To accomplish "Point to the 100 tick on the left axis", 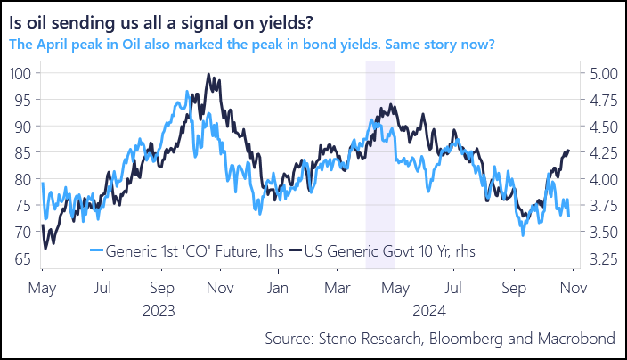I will point(19,73).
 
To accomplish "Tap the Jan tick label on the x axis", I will point(279,289).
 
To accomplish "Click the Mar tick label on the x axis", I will point(336,289).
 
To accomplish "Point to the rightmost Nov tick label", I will point(572,289).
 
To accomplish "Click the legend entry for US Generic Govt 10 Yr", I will point(389,251).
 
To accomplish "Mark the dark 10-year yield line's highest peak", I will point(208,75).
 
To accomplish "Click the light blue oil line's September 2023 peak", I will point(186,91).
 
